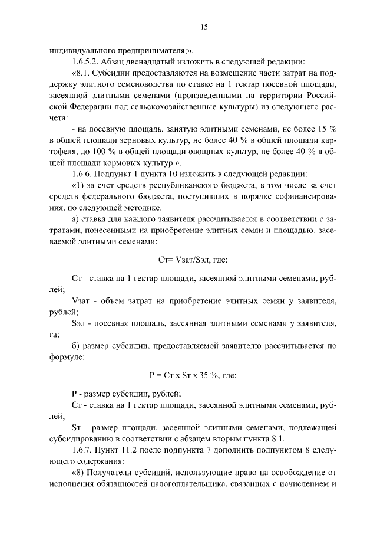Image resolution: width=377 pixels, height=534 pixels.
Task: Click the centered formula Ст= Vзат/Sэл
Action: click(188, 260)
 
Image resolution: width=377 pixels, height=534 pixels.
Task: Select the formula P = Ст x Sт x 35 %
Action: click(188, 374)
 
